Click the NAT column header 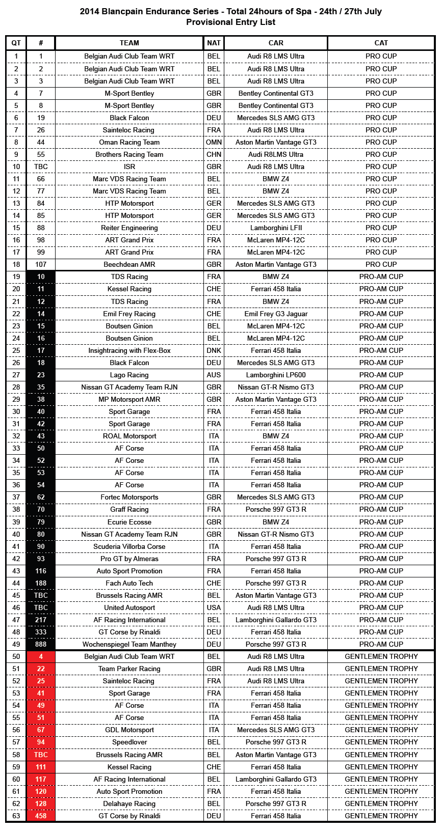click(x=214, y=43)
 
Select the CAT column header click(x=381, y=43)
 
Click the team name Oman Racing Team click(x=129, y=142)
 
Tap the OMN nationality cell click(x=214, y=142)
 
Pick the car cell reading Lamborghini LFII click(x=276, y=228)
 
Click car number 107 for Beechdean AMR click(x=41, y=264)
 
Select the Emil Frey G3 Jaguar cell click(x=276, y=314)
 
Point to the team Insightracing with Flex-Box click(x=129, y=350)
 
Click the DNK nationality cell click(x=214, y=350)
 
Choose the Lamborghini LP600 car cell click(x=276, y=375)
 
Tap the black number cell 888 click(x=41, y=644)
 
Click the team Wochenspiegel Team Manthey click(x=129, y=644)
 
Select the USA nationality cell click(x=214, y=607)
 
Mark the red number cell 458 click(x=41, y=816)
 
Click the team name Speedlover click(x=129, y=742)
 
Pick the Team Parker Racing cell click(x=129, y=669)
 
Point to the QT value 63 click(x=16, y=816)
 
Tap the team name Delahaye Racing click(x=129, y=804)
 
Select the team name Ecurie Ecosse click(x=129, y=522)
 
